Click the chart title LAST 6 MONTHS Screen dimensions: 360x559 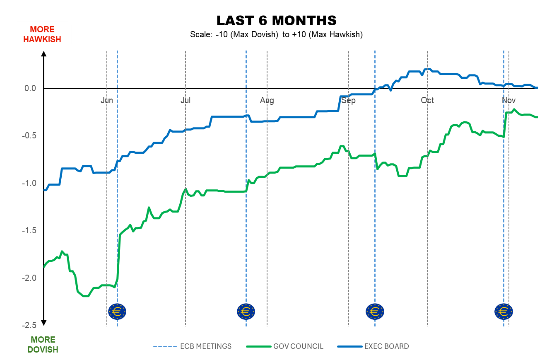pos(276,21)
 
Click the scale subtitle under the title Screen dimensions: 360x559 pos(276,35)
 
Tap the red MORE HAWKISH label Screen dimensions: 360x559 pos(42,34)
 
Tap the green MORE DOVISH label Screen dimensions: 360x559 pos(43,345)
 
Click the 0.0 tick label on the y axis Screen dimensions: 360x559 pos(31,88)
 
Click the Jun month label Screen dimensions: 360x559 pos(107,101)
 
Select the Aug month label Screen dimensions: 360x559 pos(267,101)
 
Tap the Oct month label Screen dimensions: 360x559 pos(427,101)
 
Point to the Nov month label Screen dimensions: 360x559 pos(508,101)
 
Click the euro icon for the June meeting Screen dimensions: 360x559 pos(117,311)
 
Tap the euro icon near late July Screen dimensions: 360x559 pos(246,311)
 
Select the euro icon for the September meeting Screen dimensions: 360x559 pos(375,311)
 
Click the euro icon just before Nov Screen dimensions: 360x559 pos(504,311)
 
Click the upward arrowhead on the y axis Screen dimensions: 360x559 pos(44,53)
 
